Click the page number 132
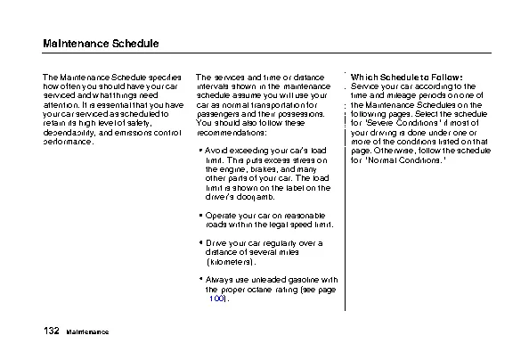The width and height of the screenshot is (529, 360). pyautogui.click(x=50, y=331)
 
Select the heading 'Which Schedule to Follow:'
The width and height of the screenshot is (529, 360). pyautogui.click(x=406, y=77)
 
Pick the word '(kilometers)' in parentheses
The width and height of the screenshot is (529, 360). pyautogui.click(x=231, y=263)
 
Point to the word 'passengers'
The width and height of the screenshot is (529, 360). pyautogui.click(x=216, y=114)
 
